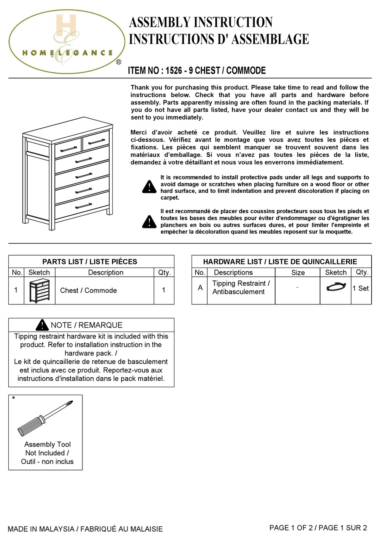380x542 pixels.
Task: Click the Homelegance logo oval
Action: (67, 42)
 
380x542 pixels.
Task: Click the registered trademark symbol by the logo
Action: (118, 62)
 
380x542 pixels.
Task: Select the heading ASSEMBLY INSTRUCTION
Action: (201, 22)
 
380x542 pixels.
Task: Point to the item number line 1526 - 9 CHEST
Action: (197, 71)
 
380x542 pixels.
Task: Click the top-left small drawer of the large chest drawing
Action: (68, 148)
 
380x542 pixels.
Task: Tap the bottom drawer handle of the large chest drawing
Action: (84, 206)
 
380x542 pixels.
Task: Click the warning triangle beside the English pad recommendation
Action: (149, 187)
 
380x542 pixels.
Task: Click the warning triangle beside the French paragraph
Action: (149, 222)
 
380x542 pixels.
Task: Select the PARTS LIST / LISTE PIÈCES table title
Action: (90, 262)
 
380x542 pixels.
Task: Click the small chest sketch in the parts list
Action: (39, 291)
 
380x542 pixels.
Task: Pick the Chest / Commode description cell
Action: (88, 290)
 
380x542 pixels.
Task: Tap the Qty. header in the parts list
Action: (164, 272)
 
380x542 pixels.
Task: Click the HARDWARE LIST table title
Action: (280, 262)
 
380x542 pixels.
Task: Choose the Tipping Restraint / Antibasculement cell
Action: (241, 288)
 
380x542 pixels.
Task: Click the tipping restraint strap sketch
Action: (336, 287)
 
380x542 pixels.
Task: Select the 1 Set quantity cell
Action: (360, 288)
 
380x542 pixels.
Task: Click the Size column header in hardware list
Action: (298, 272)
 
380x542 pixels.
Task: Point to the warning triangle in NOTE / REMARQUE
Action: (42, 325)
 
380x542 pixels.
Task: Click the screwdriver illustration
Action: (45, 418)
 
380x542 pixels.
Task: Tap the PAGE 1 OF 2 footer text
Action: (318, 528)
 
